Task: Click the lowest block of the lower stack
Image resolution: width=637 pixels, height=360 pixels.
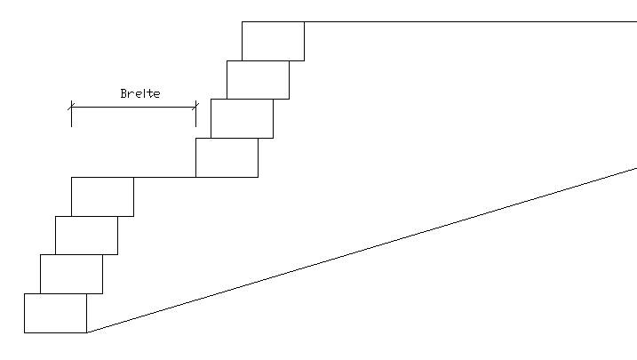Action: tap(56, 313)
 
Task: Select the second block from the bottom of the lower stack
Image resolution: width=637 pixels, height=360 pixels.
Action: tap(71, 275)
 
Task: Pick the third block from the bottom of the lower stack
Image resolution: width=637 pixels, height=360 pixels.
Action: tap(86, 236)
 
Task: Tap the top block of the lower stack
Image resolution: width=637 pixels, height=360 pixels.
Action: tap(102, 196)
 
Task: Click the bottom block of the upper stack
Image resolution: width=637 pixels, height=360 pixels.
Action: tap(227, 157)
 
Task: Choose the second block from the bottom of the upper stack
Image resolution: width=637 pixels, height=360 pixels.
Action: tap(243, 118)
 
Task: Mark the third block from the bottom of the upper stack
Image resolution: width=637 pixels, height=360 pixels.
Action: tap(258, 80)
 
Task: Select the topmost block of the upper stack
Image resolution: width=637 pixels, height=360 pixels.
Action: tap(273, 42)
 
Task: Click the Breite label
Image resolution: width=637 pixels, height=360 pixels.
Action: tap(140, 93)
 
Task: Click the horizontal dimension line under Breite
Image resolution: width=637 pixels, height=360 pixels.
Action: tap(133, 108)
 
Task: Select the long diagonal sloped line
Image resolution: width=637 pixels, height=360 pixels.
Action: tap(362, 251)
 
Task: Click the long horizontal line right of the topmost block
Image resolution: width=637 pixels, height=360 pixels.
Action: tap(471, 21)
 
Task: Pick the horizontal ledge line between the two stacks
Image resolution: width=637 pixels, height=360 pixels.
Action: tap(164, 177)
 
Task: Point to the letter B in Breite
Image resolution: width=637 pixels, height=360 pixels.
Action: tap(123, 93)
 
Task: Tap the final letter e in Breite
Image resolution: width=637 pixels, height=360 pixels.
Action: tap(157, 95)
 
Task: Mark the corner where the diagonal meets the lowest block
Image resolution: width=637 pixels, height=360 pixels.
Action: tap(87, 332)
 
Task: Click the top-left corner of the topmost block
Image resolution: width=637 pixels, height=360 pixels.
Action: tap(243, 22)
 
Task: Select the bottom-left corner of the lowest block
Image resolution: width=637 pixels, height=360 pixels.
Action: tap(24, 332)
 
